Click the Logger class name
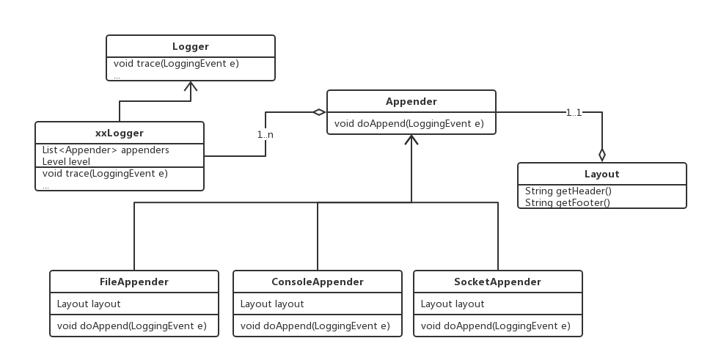point(191,46)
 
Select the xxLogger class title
point(120,133)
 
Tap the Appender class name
point(411,101)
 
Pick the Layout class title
point(601,174)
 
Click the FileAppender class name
point(133,282)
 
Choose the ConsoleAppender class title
point(317,282)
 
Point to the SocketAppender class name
point(497,282)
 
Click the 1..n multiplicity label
point(266,135)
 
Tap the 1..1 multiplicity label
point(574,112)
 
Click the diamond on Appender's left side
point(318,112)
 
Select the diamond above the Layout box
point(602,155)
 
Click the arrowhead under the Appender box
point(411,140)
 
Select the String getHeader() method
point(568,191)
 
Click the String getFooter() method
point(567,202)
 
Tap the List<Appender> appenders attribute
point(106,150)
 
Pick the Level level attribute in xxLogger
point(66,161)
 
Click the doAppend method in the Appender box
point(409,123)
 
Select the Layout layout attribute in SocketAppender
point(453,304)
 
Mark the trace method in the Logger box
point(176,64)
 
